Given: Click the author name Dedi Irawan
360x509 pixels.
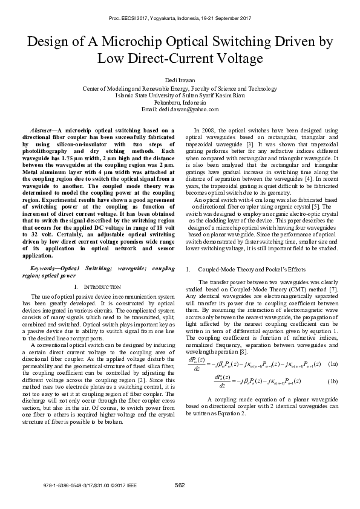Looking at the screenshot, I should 180,80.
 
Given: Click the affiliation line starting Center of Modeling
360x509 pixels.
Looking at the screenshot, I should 180,88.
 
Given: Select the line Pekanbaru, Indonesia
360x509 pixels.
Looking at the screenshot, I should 180,102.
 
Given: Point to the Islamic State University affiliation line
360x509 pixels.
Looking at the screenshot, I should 180,95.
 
